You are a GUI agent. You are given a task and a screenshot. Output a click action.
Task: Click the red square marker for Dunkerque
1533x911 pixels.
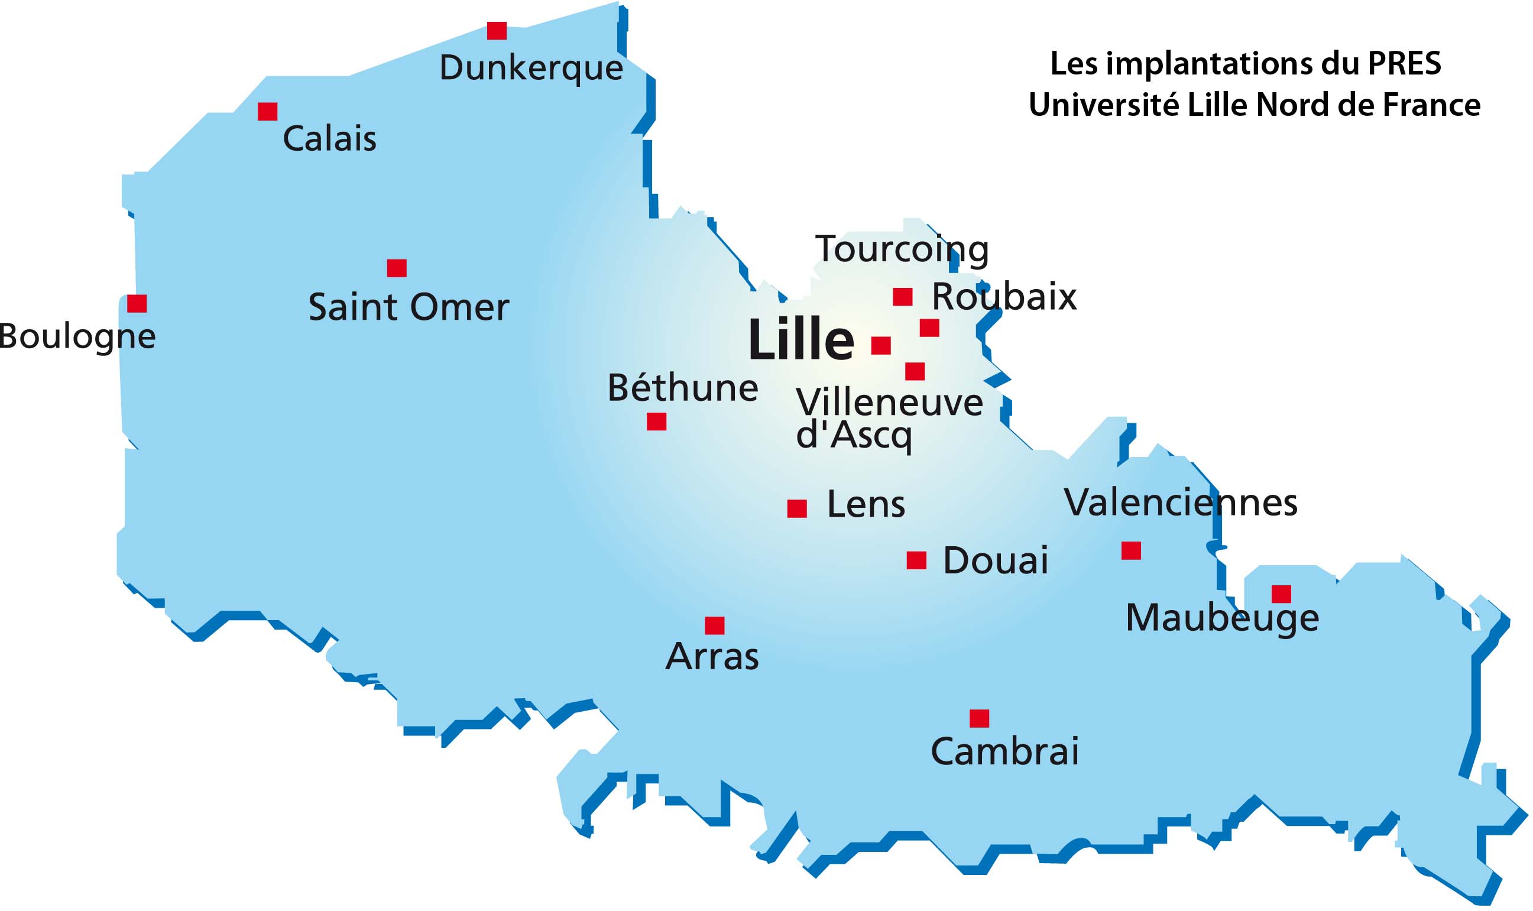(497, 31)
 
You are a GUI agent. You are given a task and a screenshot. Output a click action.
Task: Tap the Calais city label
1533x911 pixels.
(329, 139)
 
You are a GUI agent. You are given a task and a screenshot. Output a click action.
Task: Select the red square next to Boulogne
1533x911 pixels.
(137, 303)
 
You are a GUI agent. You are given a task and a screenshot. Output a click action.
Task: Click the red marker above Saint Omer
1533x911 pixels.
(397, 268)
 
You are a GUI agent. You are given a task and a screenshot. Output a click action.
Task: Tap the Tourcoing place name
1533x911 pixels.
(901, 249)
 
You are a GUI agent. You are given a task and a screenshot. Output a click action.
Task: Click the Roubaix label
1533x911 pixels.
(1004, 297)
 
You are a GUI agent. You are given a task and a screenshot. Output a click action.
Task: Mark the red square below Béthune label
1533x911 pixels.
(656, 422)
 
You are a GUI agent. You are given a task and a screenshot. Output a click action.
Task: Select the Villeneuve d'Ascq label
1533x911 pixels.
(889, 418)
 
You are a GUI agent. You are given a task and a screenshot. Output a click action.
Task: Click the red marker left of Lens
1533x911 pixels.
(797, 509)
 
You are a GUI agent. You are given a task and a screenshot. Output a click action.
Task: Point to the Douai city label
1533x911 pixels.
(995, 560)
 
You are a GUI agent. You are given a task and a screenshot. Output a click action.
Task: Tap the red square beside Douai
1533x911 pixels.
(916, 560)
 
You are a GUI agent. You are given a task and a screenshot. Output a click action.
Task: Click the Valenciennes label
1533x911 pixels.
(1180, 502)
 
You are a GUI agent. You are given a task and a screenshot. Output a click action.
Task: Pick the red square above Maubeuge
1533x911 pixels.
(1281, 594)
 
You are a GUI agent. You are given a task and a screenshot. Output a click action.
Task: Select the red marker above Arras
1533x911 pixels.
(715, 625)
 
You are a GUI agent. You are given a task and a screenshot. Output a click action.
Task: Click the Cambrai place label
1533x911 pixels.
(1004, 751)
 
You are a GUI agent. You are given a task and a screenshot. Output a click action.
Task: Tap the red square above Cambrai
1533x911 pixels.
(979, 718)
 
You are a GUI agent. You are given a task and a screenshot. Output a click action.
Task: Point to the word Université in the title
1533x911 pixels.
(1103, 105)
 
